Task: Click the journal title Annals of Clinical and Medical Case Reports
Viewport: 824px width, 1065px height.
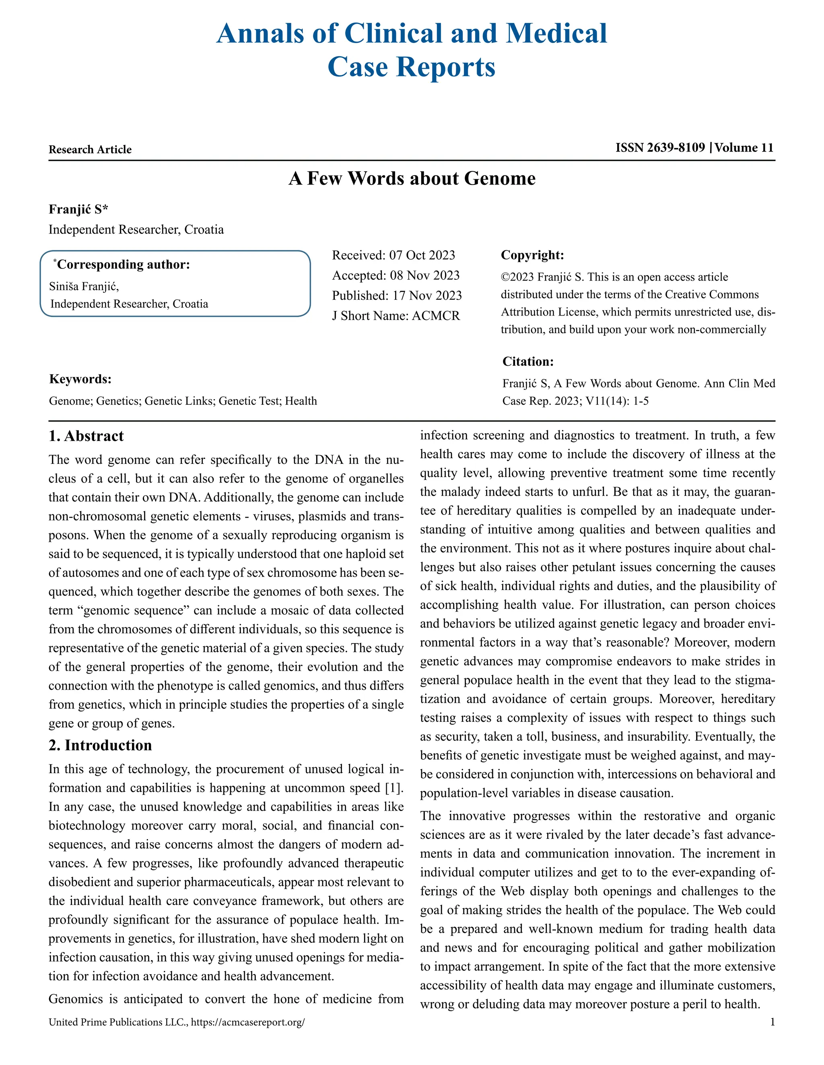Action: tap(412, 50)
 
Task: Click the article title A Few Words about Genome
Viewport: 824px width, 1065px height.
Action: tap(412, 178)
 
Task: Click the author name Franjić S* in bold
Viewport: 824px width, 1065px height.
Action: tap(78, 209)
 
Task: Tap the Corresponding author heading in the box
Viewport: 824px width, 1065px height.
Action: tap(123, 265)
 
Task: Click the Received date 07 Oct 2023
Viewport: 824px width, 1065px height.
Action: tap(422, 255)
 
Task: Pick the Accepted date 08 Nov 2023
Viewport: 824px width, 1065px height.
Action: tap(424, 276)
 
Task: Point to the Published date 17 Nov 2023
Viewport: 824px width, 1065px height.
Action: tap(426, 295)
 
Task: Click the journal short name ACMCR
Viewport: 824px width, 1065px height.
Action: tap(435, 316)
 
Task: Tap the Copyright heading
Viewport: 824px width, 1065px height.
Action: tap(532, 255)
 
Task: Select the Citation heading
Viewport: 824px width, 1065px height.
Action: tap(528, 362)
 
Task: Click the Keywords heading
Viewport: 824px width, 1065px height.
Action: tap(80, 379)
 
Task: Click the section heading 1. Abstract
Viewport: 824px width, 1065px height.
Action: tap(86, 436)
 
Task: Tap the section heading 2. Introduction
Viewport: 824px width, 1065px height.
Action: tap(100, 745)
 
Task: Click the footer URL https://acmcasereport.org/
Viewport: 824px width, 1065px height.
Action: tap(247, 1022)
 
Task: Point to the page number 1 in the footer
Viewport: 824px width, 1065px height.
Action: tap(772, 1022)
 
